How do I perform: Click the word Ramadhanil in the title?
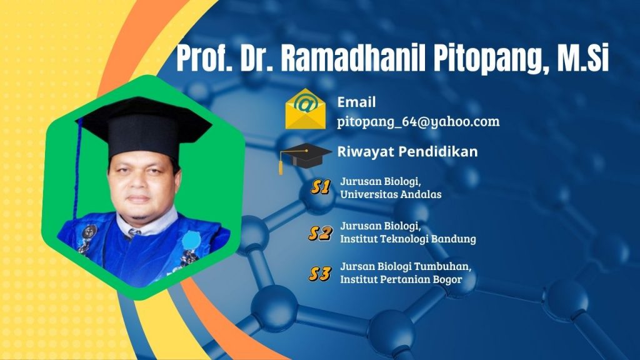tap(352, 57)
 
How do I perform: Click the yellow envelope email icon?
tap(306, 109)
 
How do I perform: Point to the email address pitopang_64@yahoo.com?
tap(418, 122)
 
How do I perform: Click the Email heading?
tap(356, 102)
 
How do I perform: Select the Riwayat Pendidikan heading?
tap(407, 151)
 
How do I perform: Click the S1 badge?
tap(321, 187)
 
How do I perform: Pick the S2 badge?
tap(321, 233)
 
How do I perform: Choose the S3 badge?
tap(320, 274)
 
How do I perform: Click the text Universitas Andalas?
tap(391, 194)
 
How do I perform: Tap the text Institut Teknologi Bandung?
tap(407, 239)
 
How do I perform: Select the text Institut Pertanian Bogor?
tap(401, 279)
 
